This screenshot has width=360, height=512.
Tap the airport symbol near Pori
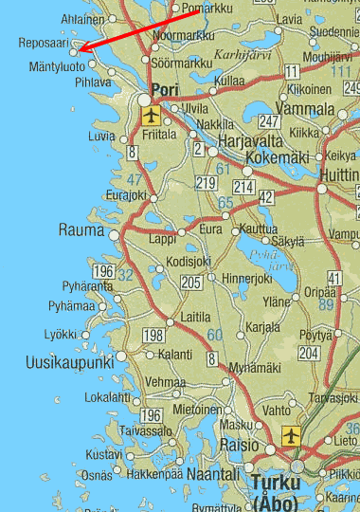(x=151, y=115)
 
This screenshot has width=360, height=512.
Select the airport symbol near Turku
(x=290, y=437)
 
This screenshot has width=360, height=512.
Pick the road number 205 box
(x=190, y=282)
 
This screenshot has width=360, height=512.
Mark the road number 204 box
(x=308, y=352)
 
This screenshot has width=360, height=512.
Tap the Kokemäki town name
(x=278, y=157)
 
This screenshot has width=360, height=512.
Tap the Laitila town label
(x=194, y=317)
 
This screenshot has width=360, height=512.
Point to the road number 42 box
(x=266, y=196)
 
